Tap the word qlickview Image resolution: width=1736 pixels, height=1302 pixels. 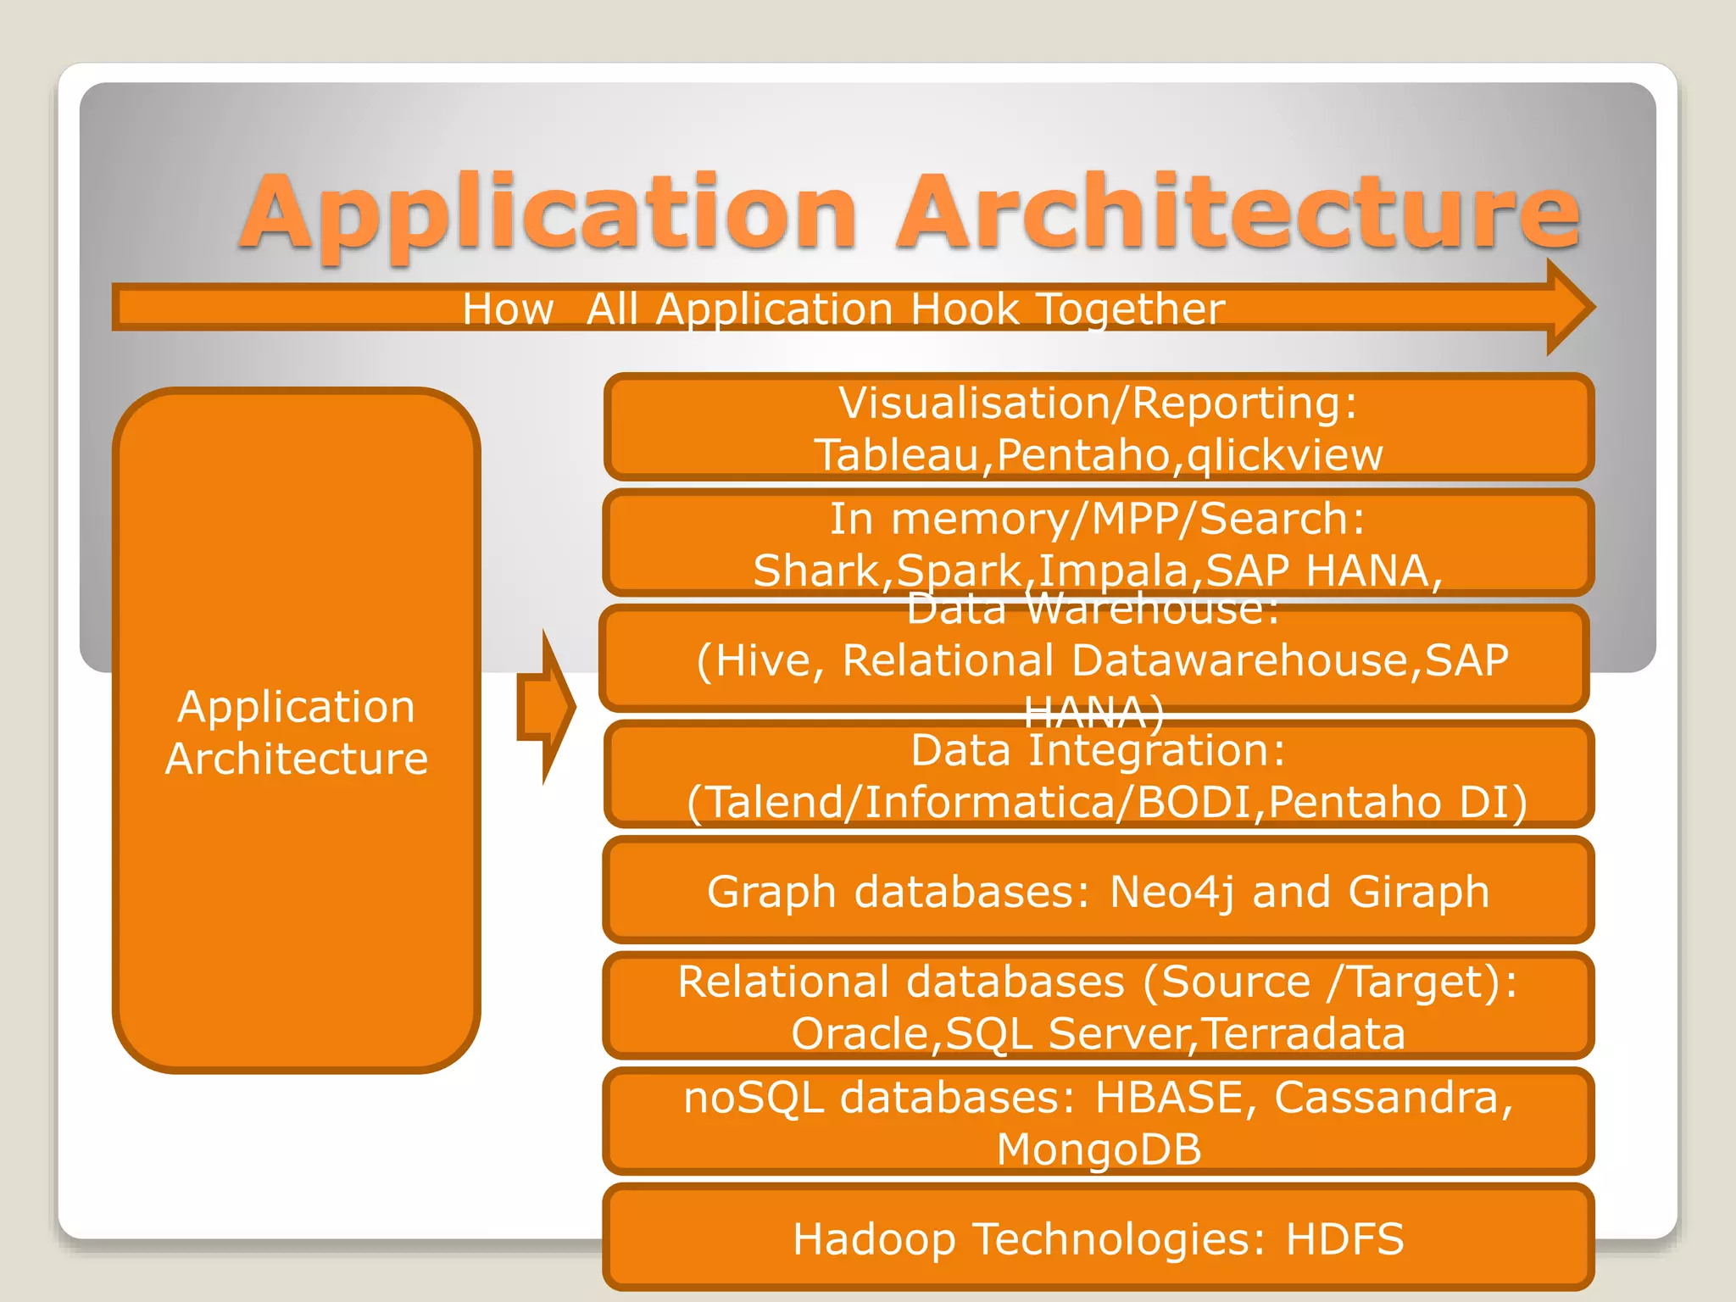[1285, 455]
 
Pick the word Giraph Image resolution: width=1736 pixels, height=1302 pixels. [1418, 892]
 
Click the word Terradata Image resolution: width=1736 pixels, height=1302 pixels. [1304, 1034]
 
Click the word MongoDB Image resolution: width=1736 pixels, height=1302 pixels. [1099, 1150]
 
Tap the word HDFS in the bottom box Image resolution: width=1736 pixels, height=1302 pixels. [1344, 1239]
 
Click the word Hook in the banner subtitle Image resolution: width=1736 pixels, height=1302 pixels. [964, 309]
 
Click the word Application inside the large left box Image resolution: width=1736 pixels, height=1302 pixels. [296, 707]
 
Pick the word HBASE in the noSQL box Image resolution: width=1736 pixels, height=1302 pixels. [1168, 1098]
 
